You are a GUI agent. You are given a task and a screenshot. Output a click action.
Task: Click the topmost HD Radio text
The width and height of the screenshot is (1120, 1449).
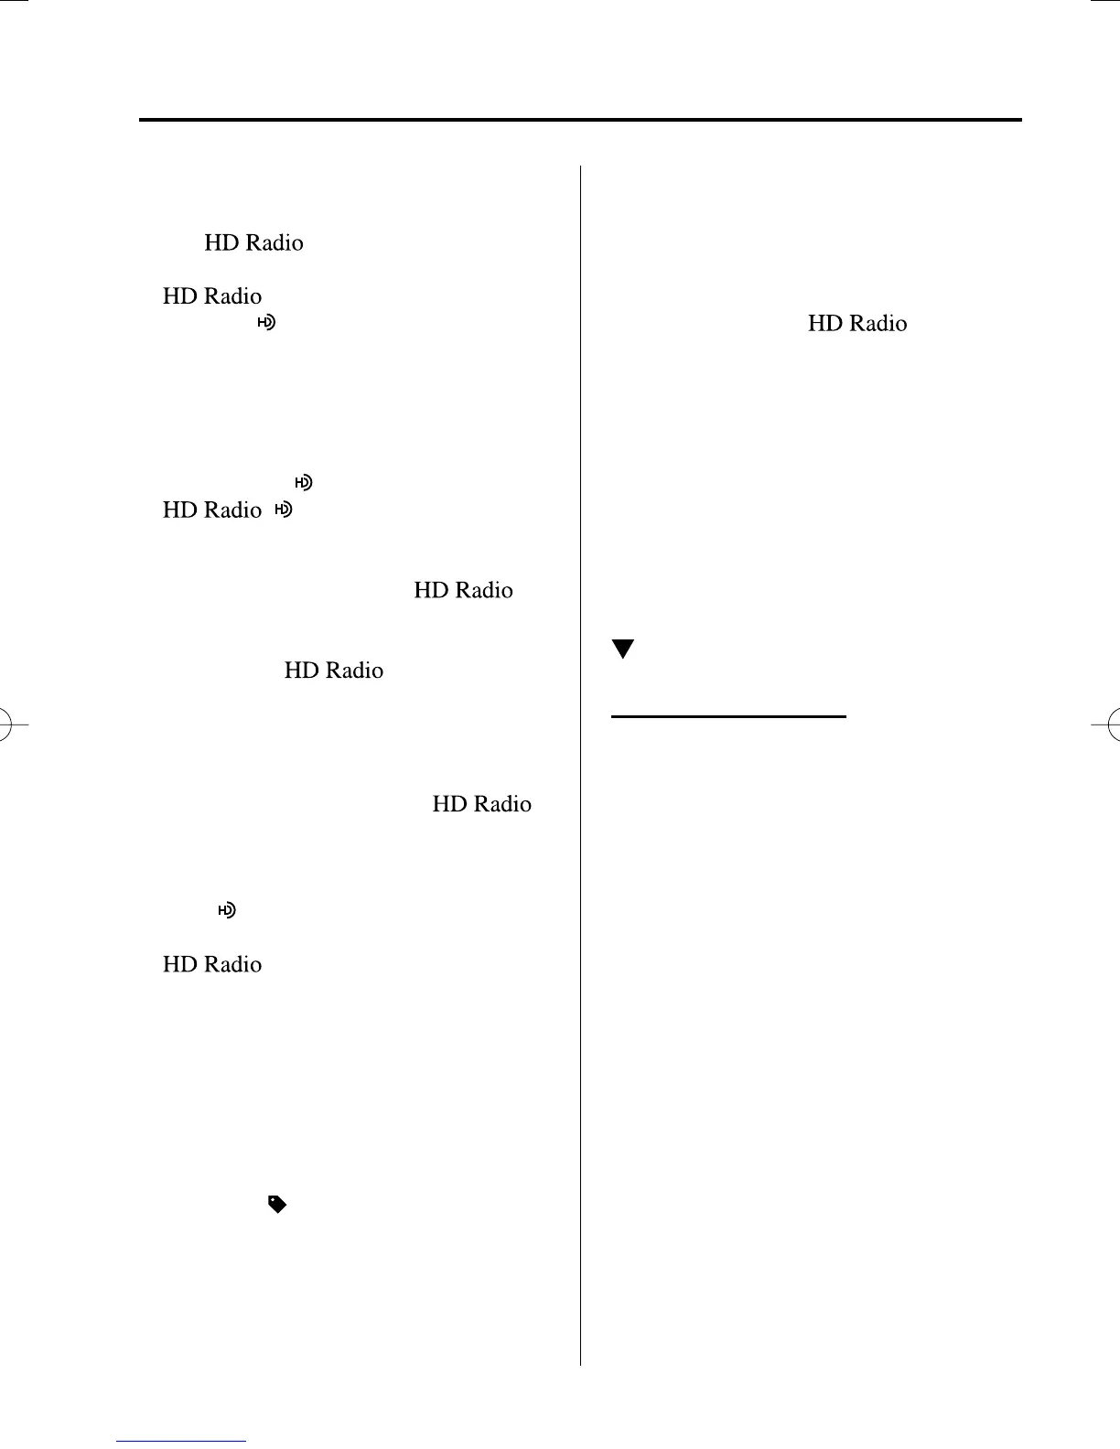coord(253,243)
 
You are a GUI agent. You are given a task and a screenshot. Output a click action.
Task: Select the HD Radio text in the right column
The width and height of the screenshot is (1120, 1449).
coord(857,324)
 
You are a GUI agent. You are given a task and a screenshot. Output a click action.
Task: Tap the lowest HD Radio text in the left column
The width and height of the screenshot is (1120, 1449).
coord(212,965)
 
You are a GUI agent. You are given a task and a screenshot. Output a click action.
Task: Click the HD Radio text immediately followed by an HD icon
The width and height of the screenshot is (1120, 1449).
coord(212,510)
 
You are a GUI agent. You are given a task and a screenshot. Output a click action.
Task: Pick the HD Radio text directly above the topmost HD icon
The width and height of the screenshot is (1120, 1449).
coord(212,296)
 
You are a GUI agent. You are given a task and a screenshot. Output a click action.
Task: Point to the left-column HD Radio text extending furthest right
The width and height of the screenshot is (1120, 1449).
coord(481,804)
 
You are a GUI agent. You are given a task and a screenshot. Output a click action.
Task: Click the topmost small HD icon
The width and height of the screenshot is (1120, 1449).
coord(265,322)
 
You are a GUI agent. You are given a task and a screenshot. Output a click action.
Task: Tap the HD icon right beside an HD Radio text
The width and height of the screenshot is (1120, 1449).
coord(284,510)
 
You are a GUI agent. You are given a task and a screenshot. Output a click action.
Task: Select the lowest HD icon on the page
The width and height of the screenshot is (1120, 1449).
coord(226,910)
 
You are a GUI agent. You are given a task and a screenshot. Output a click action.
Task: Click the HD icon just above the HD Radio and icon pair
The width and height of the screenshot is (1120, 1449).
coord(303,482)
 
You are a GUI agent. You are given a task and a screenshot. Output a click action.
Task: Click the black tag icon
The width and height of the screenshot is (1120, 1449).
coord(276,1205)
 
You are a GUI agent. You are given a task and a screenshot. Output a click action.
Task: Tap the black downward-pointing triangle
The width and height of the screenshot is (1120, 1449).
coord(623,649)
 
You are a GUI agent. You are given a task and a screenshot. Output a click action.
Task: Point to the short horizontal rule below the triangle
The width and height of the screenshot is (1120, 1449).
coord(727,717)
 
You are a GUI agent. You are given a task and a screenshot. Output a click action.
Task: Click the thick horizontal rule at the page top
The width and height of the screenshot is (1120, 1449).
coord(580,120)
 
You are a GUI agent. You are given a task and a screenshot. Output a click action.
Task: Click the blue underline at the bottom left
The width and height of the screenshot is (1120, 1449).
coord(181,1441)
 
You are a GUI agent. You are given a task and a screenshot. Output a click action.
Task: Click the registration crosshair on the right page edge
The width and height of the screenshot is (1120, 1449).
coord(1113,725)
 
